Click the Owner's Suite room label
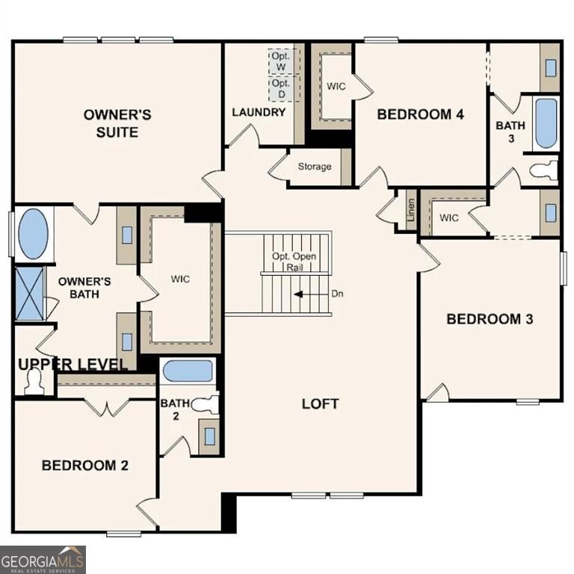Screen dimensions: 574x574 (x=117, y=123)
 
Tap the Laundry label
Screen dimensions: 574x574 (x=259, y=112)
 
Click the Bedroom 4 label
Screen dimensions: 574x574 (x=420, y=114)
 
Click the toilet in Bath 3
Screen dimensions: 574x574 (x=544, y=170)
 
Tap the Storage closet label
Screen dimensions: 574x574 (x=314, y=166)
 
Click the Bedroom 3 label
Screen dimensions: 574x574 (x=490, y=319)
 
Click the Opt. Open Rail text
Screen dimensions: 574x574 (x=294, y=262)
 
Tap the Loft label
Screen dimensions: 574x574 (x=320, y=404)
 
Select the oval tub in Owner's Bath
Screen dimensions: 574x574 (x=33, y=234)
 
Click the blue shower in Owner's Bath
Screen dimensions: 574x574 (x=30, y=294)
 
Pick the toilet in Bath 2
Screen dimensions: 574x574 (x=204, y=405)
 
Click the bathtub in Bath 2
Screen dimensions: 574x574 (x=188, y=371)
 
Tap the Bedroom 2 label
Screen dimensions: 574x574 (x=84, y=465)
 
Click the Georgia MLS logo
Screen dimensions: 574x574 (x=43, y=559)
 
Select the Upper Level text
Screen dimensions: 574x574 (x=72, y=364)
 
